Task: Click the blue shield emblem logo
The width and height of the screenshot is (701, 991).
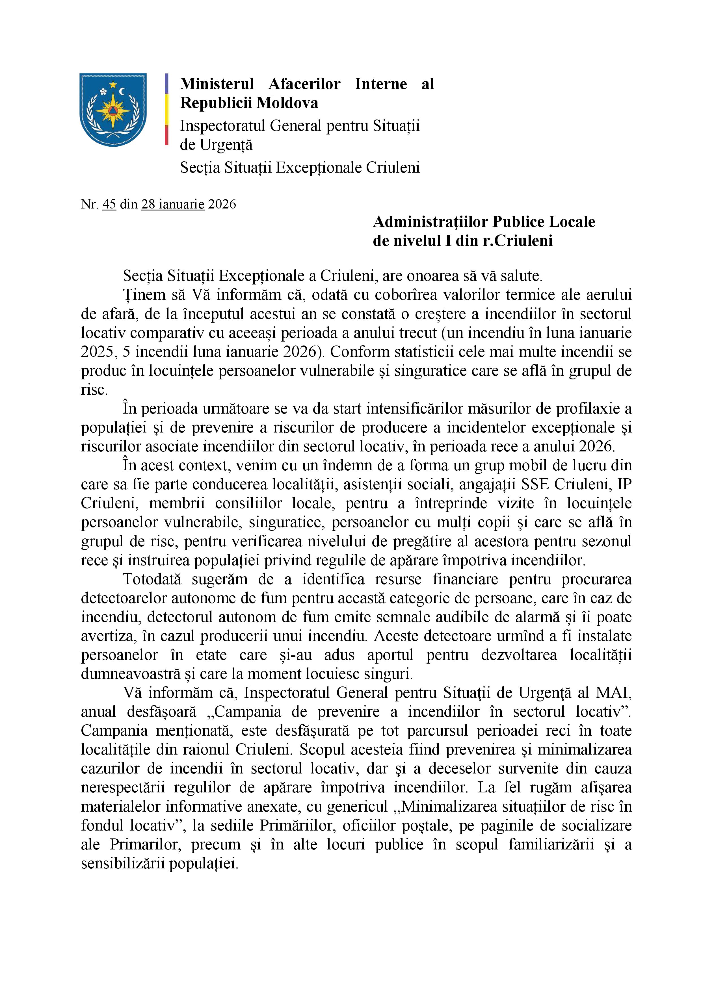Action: [113, 110]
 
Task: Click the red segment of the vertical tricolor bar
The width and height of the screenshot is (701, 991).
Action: [166, 135]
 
